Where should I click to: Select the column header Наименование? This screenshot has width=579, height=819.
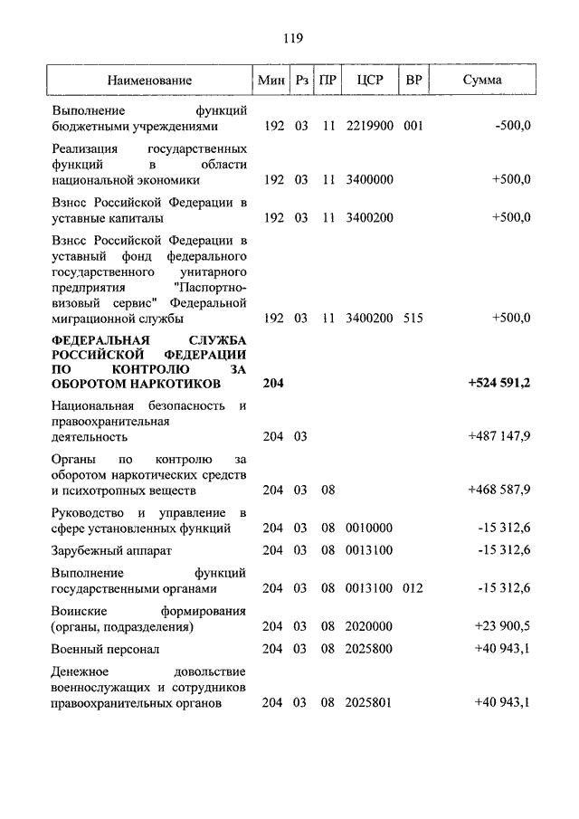(x=149, y=81)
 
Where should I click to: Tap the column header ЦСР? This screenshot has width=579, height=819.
(x=370, y=81)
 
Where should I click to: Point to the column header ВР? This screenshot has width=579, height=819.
(x=413, y=81)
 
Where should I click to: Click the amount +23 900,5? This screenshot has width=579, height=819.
(x=502, y=625)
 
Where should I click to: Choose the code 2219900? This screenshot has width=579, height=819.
(x=369, y=126)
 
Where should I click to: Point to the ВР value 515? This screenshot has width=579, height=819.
(x=413, y=319)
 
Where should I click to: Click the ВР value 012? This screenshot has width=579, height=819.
(x=413, y=588)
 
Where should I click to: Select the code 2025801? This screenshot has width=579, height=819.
(x=369, y=702)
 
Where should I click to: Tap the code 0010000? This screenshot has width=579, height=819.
(x=369, y=528)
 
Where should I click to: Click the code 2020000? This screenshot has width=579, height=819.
(x=369, y=625)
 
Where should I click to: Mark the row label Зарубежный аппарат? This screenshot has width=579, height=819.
(x=111, y=550)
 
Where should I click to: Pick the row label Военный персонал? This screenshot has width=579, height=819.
(x=106, y=650)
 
